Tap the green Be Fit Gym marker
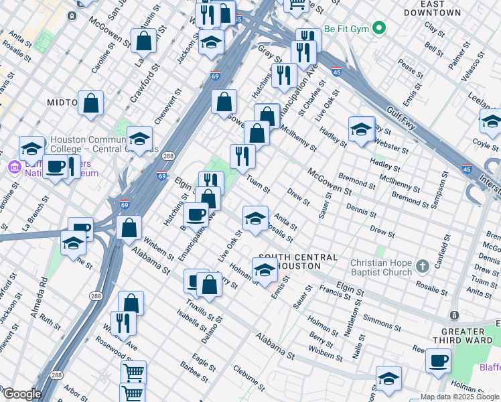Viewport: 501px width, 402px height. click(379, 29)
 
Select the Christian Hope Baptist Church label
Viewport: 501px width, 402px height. click(381, 267)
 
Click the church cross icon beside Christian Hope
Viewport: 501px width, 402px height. click(422, 267)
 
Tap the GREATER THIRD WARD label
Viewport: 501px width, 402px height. click(462, 336)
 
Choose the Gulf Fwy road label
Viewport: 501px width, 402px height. click(403, 120)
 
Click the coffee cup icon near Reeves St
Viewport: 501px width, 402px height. click(438, 361)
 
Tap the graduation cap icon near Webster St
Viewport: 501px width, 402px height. click(361, 129)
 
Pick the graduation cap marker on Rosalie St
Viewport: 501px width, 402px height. click(255, 220)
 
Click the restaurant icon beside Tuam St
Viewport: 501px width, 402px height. click(242, 156)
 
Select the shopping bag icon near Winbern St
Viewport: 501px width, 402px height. click(129, 227)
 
